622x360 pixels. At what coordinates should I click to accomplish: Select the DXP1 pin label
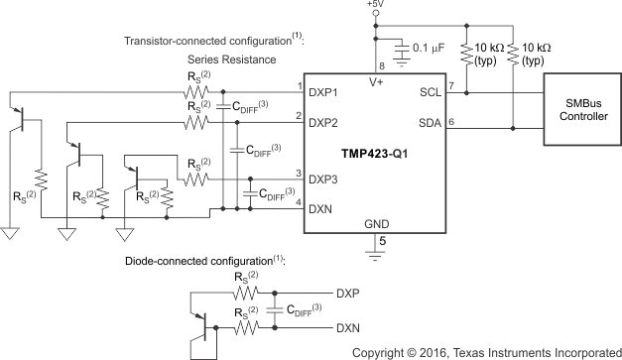(323, 91)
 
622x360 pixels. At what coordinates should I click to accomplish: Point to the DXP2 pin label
(323, 124)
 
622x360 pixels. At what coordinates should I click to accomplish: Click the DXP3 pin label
(323, 179)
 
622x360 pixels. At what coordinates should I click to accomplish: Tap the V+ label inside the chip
(376, 84)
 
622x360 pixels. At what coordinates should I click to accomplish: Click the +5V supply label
(376, 7)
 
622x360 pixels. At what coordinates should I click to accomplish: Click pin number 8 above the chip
(369, 65)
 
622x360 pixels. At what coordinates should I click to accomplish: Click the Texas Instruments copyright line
(486, 351)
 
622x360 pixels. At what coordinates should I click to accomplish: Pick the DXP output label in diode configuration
(349, 294)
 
